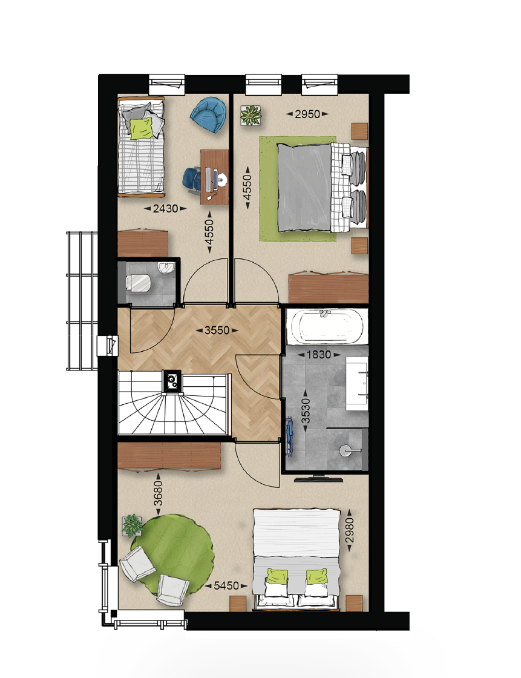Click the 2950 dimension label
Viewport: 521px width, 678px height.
tap(307, 114)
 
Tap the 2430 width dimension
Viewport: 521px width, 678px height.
tap(166, 208)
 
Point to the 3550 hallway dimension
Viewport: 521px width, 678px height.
tap(217, 331)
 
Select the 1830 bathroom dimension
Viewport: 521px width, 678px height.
tap(319, 355)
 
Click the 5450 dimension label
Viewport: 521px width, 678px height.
tap(226, 585)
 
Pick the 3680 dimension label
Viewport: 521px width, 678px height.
tap(159, 493)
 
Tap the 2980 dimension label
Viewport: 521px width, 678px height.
tap(349, 530)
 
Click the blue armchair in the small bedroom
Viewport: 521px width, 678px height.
tap(208, 114)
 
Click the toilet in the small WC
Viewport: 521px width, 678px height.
tap(138, 283)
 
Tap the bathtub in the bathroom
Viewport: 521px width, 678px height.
tap(327, 326)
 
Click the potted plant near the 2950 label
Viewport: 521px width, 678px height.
tap(251, 116)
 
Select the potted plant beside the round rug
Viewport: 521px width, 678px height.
tap(133, 525)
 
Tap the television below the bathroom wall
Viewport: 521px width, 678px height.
tap(319, 479)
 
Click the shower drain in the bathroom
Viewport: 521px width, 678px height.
tap(344, 450)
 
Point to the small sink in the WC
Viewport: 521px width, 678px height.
tap(166, 269)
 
